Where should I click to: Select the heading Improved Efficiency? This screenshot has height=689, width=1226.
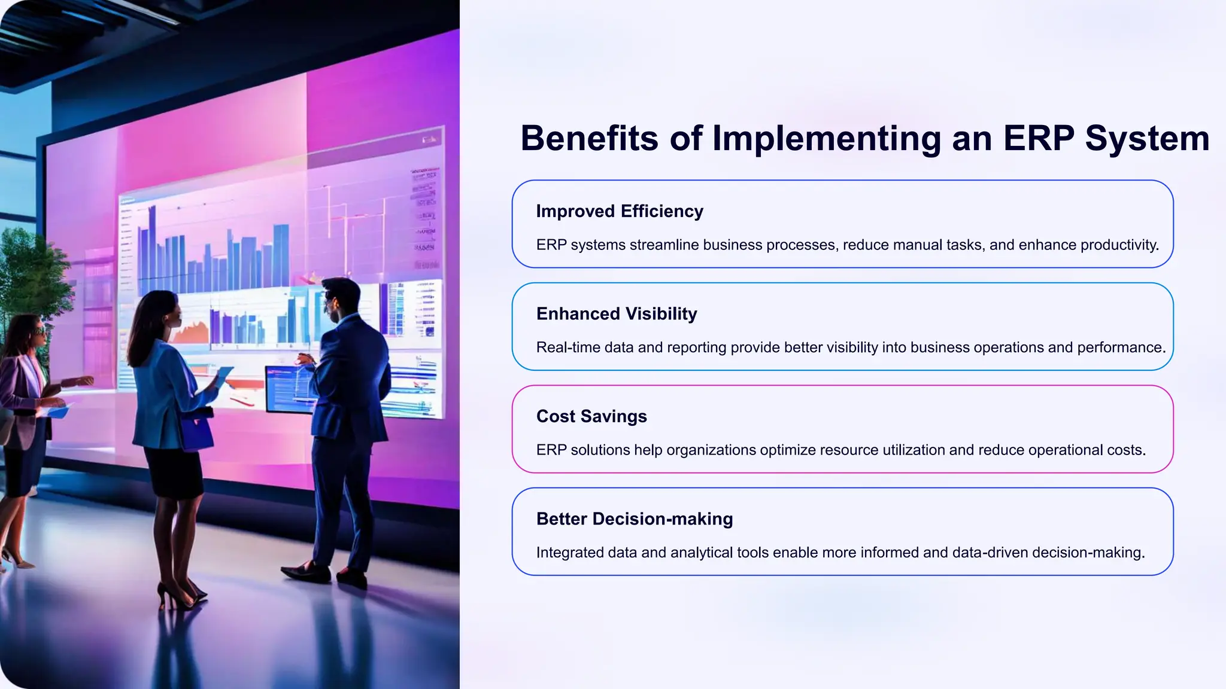click(x=620, y=211)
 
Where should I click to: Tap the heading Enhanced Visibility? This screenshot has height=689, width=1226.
click(x=617, y=314)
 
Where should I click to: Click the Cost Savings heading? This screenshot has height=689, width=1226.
click(x=591, y=416)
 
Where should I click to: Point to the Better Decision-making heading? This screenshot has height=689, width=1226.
click(x=635, y=519)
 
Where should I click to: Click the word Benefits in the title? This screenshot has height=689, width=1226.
click(x=590, y=139)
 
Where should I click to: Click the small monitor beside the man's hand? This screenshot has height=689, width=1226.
click(x=287, y=389)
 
